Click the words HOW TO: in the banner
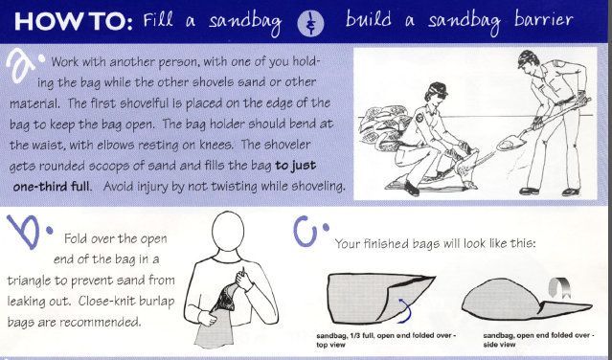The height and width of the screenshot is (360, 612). [74, 21]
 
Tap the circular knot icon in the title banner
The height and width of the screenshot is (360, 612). [310, 23]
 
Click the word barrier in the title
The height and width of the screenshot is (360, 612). [544, 20]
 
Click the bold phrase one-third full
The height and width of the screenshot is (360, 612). [51, 186]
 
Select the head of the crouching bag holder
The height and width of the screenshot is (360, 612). [436, 93]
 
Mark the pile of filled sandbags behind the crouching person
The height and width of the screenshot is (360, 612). [382, 126]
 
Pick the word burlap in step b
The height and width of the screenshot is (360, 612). [156, 302]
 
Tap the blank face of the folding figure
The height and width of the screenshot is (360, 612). [228, 231]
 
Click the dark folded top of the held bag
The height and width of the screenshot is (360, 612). [224, 298]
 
